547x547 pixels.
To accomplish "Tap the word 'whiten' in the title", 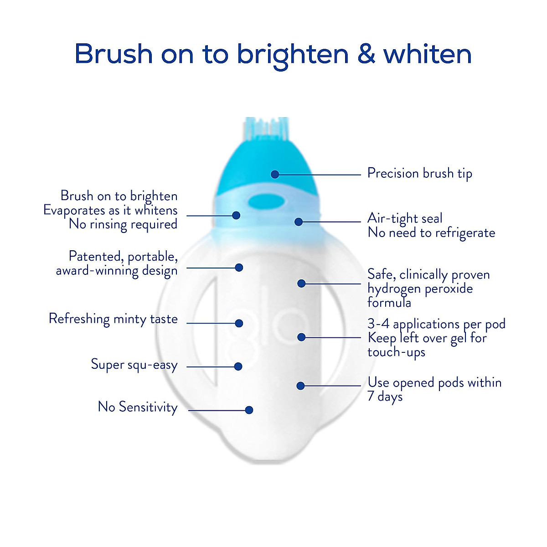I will pyautogui.click(x=427, y=54).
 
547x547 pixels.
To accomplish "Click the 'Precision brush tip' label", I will pyautogui.click(x=419, y=174).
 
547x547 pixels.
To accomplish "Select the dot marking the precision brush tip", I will pyautogui.click(x=275, y=174).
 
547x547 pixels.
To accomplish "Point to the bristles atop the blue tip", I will pyautogui.click(x=267, y=127).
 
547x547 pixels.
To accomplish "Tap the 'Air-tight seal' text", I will pyautogui.click(x=405, y=218).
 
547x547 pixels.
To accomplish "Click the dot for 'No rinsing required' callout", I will pyautogui.click(x=236, y=215).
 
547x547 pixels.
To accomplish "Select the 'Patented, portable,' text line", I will pyautogui.click(x=123, y=256).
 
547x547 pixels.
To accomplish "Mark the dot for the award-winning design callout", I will pyautogui.click(x=239, y=268).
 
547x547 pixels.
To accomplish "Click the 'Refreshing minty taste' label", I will pyautogui.click(x=113, y=319).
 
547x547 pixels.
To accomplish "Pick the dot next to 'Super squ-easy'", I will pyautogui.click(x=238, y=366).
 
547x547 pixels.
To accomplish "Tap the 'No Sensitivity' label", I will pyautogui.click(x=138, y=407).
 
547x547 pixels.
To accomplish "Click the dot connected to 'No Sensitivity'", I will pyautogui.click(x=249, y=410).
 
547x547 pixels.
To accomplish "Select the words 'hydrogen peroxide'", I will pyautogui.click(x=420, y=289).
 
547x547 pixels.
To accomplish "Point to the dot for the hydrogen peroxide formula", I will pyautogui.click(x=301, y=284).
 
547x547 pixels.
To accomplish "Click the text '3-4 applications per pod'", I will pyautogui.click(x=436, y=324).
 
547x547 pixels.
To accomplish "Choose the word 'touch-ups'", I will pyautogui.click(x=396, y=352).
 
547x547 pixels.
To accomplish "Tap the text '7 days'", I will pyautogui.click(x=385, y=397).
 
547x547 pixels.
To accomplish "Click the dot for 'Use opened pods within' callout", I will pyautogui.click(x=300, y=386).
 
